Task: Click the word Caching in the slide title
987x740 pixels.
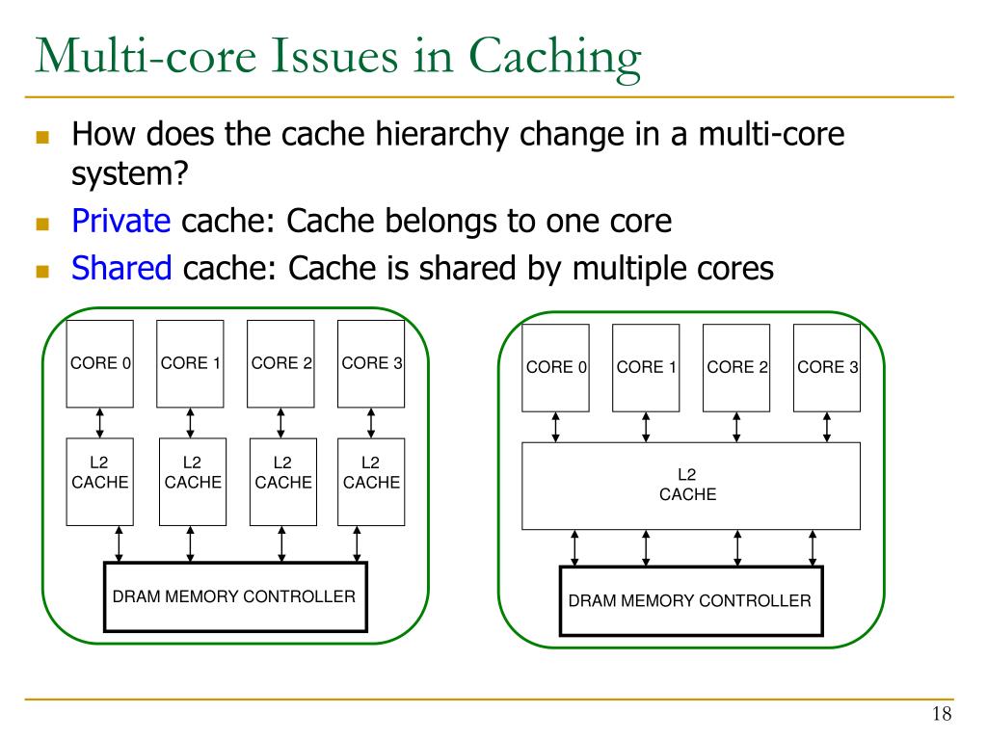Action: tap(554, 58)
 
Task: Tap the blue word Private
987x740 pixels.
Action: tap(120, 221)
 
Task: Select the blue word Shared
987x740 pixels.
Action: tap(121, 268)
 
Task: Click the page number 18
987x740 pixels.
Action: tap(942, 714)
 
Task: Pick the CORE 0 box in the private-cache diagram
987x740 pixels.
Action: tap(99, 363)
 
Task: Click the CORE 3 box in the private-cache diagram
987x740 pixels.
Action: tap(371, 363)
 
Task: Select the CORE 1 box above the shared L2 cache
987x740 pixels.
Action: tap(646, 368)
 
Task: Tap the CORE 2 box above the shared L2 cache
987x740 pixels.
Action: tap(736, 368)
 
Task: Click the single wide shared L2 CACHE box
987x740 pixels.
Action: tap(691, 486)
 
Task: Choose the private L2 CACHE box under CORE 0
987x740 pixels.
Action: tap(99, 482)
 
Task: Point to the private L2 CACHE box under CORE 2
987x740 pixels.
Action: tap(283, 482)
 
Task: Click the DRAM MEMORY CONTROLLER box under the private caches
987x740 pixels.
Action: tap(235, 596)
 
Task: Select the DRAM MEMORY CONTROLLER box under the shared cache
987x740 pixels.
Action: tap(691, 601)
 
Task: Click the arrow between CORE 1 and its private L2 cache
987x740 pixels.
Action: tap(190, 423)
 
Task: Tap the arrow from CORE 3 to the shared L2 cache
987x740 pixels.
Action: tap(827, 427)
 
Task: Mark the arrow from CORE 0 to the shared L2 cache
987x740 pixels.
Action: tap(555, 427)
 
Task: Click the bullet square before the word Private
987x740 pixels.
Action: tap(42, 224)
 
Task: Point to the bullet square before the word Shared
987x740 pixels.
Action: tap(42, 271)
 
